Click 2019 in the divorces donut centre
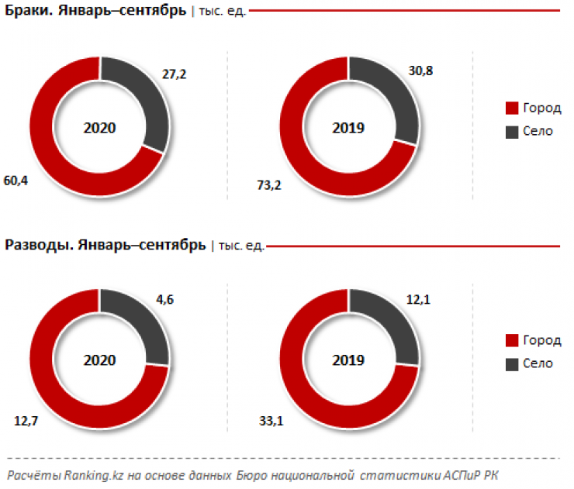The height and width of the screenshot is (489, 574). coord(348,360)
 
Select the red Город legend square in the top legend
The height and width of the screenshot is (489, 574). coord(511,108)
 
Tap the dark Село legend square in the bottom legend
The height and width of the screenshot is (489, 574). coord(511,363)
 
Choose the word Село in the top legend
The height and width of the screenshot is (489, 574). coord(538,131)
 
